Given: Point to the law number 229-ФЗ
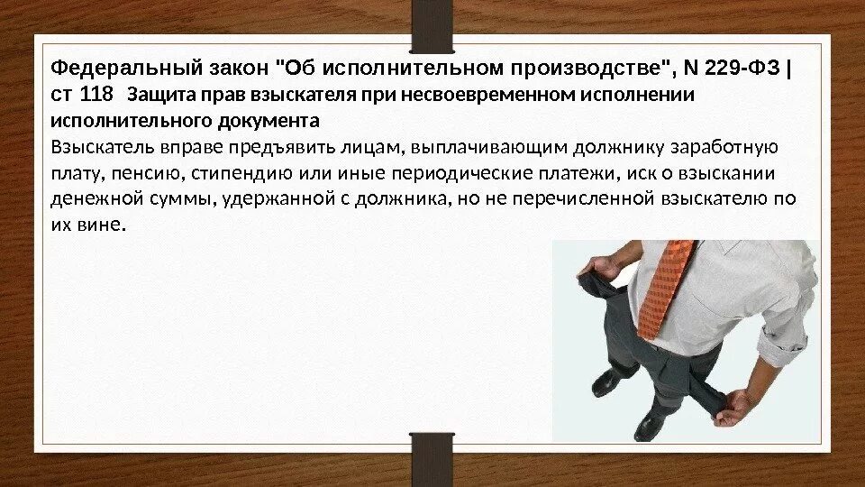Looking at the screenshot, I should tap(736, 69).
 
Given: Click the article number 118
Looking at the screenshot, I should tap(97, 96).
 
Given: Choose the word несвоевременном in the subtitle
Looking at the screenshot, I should tap(505, 96).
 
